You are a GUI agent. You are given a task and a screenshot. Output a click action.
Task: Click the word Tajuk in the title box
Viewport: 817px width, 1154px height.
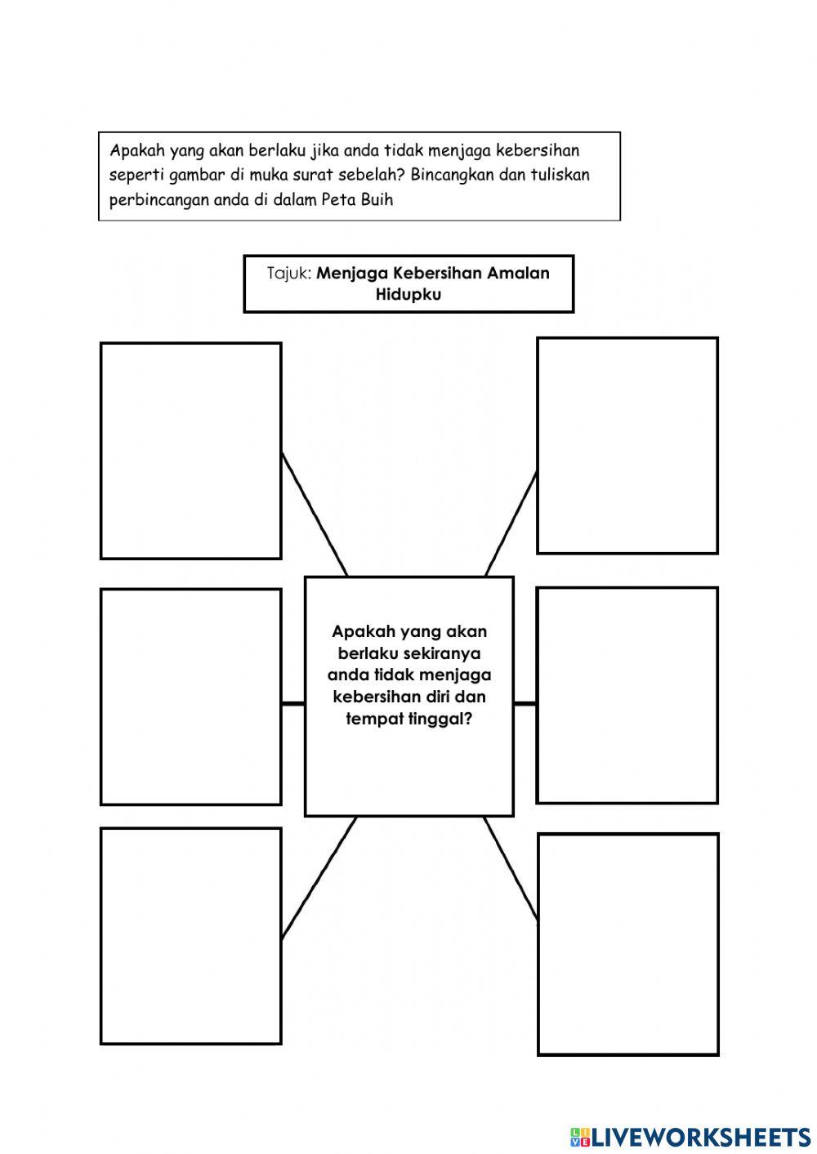click(288, 274)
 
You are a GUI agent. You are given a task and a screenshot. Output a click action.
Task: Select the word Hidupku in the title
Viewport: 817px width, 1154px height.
click(408, 295)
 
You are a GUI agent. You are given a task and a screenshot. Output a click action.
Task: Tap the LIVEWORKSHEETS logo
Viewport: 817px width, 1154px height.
click(690, 1136)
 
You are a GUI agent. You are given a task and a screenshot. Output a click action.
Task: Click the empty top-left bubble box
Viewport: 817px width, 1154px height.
click(191, 451)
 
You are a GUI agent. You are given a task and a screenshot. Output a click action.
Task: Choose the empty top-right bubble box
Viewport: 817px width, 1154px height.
click(627, 445)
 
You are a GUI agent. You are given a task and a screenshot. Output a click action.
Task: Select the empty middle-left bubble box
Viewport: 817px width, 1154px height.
click(191, 697)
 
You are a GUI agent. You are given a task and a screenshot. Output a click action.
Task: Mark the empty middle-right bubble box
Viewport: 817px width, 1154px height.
click(627, 695)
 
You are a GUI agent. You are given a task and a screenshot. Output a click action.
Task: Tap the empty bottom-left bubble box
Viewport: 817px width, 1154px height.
click(191, 936)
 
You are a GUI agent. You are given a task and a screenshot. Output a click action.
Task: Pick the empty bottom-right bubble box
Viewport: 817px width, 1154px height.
click(627, 944)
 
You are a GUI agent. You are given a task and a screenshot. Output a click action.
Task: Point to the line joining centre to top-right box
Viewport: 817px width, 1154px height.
click(511, 524)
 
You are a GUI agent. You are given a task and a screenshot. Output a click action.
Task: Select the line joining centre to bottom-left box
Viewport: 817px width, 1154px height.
click(319, 878)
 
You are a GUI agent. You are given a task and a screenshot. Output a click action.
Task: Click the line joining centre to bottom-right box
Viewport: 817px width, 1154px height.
click(511, 868)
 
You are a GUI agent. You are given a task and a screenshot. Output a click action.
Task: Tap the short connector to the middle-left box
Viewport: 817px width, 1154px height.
click(293, 703)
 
